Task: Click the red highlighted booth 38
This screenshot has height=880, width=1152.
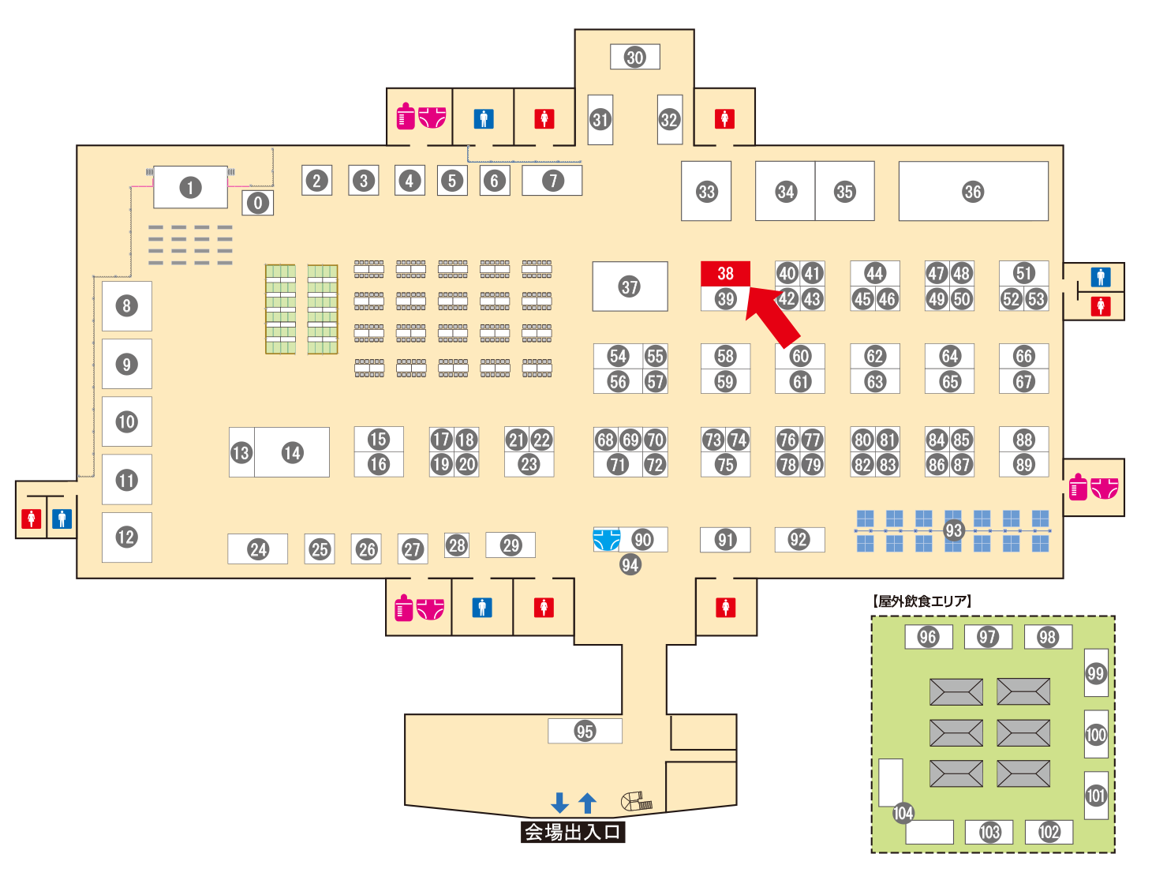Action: pos(725,273)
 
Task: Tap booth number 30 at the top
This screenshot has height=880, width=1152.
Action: pos(634,57)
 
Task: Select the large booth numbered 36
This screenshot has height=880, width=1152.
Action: pos(973,191)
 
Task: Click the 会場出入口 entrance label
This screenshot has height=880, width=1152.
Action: pos(573,832)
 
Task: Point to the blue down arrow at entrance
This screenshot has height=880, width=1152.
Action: pos(559,803)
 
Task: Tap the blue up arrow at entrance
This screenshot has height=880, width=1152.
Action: pos(587,803)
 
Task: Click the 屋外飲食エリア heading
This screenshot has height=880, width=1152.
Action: pos(922,601)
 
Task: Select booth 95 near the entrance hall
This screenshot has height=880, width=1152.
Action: pos(585,731)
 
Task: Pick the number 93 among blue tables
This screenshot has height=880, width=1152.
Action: pos(953,530)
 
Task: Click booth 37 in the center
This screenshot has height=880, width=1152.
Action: pos(630,286)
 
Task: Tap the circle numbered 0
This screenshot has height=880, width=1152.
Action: pos(257,203)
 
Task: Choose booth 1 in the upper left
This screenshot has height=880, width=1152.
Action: pos(189,187)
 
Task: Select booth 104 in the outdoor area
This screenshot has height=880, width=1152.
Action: pos(903,813)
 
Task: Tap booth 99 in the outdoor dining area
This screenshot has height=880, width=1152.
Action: pos(1095,673)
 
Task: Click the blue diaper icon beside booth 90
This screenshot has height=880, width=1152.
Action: pos(606,539)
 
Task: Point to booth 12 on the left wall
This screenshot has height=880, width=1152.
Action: pos(126,537)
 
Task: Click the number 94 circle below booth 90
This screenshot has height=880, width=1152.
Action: pos(630,564)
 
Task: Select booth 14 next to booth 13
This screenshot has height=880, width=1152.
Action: pos(292,452)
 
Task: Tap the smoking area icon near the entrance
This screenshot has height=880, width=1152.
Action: pos(636,802)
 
